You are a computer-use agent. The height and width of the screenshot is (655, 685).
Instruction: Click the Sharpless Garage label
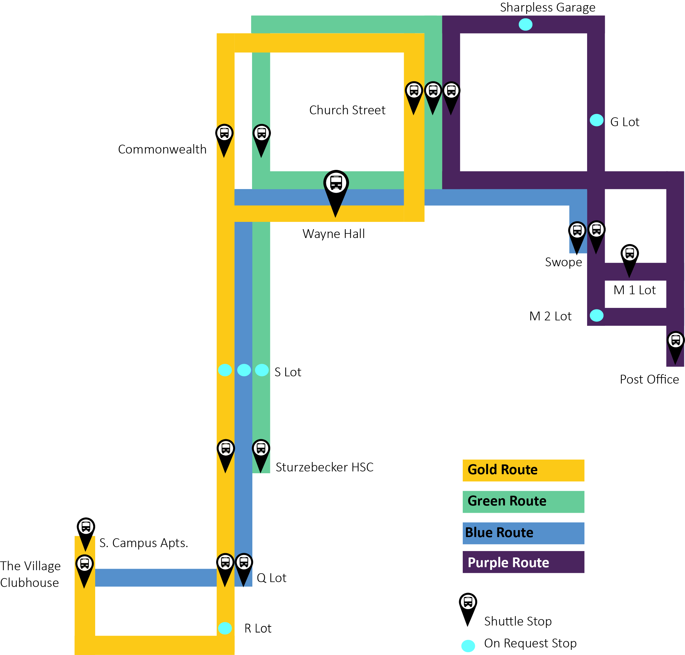547,8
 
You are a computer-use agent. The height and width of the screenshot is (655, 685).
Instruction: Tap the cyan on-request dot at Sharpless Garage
525,24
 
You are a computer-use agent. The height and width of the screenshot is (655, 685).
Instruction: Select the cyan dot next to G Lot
596,120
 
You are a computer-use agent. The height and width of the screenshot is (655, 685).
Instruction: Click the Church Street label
347,110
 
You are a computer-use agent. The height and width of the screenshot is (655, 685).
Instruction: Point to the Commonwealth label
162,150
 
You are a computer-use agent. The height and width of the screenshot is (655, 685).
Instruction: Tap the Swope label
563,262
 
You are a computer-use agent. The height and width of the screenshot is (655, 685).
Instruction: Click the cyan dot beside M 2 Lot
596,315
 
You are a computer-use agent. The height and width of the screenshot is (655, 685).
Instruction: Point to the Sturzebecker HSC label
324,467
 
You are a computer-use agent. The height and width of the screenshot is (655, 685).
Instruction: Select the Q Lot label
271,578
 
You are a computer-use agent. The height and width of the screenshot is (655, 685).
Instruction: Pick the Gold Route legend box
523,470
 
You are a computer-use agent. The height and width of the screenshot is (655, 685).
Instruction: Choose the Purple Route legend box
523,562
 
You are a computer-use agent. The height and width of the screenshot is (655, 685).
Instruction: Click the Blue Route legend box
523,533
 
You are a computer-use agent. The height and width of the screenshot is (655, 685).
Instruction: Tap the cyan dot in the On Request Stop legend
468,646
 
